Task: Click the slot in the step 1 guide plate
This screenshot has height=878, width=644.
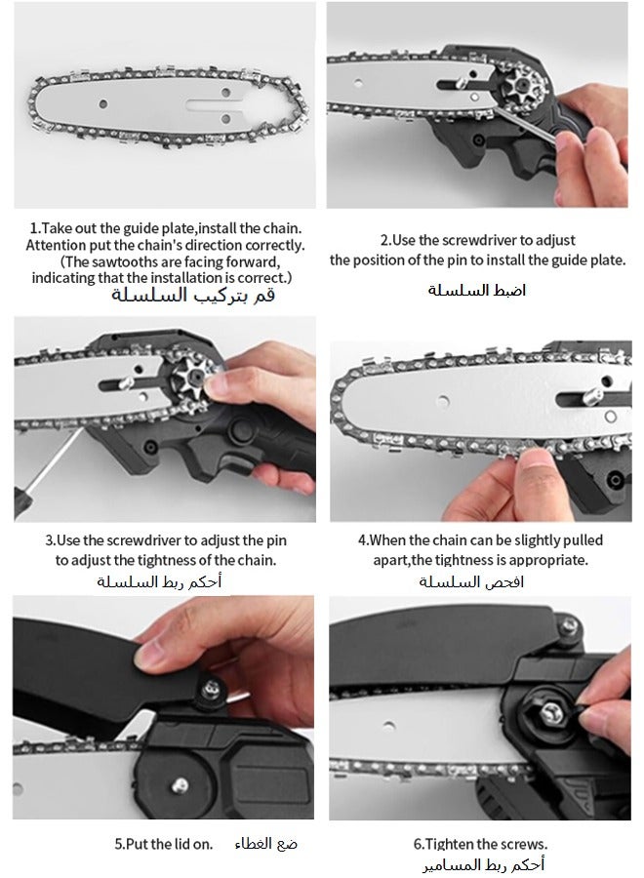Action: (217, 104)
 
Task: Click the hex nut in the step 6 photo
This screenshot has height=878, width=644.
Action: (550, 713)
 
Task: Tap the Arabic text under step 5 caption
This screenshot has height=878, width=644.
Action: (266, 843)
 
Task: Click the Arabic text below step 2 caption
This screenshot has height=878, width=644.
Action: (477, 290)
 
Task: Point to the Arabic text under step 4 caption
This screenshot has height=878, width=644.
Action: (471, 581)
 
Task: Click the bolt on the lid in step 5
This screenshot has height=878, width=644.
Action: (211, 688)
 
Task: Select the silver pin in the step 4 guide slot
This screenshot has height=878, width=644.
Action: (593, 396)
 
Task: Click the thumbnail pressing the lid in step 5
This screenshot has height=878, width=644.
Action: (145, 653)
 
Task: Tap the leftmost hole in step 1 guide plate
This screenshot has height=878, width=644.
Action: (103, 104)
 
